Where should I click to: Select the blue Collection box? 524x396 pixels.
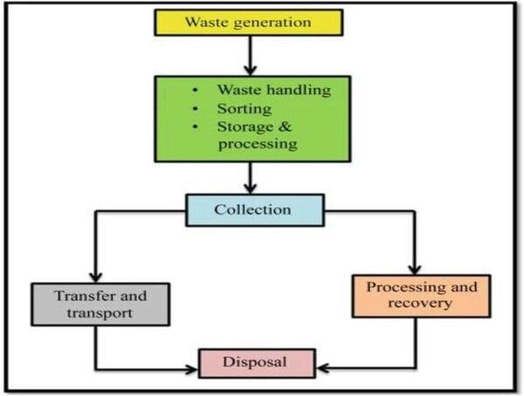coord(254,210)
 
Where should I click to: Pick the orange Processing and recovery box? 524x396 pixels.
coord(421,296)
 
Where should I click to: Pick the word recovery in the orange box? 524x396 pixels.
coord(421,304)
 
